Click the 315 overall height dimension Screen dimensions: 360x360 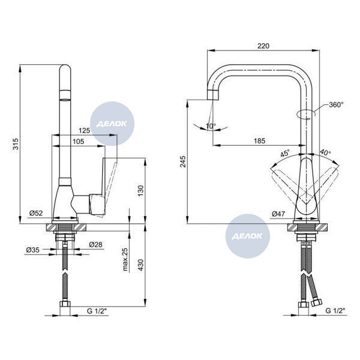click(16, 144)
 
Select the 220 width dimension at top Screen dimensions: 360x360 click(263, 46)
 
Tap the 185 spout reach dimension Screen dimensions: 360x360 click(259, 141)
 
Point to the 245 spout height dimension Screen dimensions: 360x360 click(183, 161)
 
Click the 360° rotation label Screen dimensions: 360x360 click(337, 104)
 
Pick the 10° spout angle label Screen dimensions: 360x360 click(211, 126)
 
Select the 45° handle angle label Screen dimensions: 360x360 click(285, 153)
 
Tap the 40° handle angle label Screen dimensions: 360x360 click(325, 152)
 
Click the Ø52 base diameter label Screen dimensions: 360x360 click(36, 213)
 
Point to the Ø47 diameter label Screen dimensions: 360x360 click(278, 214)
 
